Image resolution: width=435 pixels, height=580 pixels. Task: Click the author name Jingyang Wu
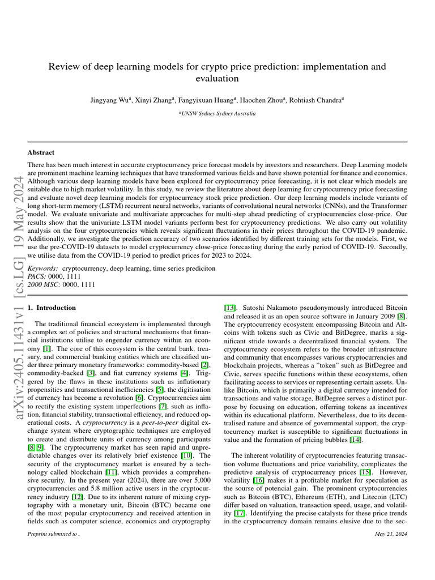coord(110,100)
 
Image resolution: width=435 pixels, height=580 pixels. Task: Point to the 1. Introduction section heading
coord(52,308)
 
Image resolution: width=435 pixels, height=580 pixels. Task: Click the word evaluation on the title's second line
coord(217,79)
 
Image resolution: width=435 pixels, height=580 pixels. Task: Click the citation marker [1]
coord(47,348)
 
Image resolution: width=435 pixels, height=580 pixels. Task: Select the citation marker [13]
coord(231,308)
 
